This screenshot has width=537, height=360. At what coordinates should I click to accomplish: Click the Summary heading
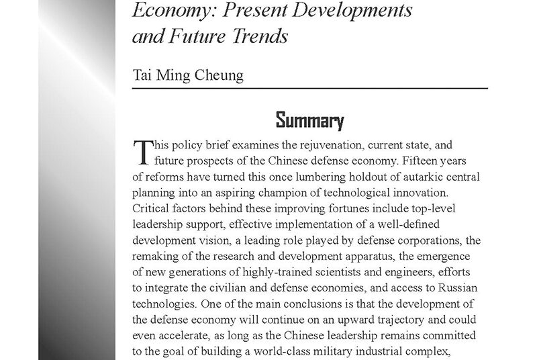pyautogui.click(x=310, y=122)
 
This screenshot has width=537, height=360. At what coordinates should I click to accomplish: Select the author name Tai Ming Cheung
pyautogui.click(x=187, y=73)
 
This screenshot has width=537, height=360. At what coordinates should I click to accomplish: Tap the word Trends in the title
pyautogui.click(x=262, y=36)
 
